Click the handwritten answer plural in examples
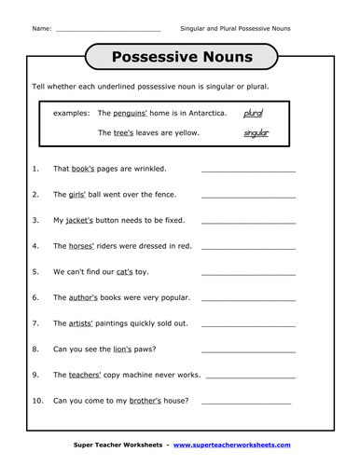click(x=253, y=114)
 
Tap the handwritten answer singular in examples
click(x=256, y=133)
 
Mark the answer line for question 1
click(x=248, y=171)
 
